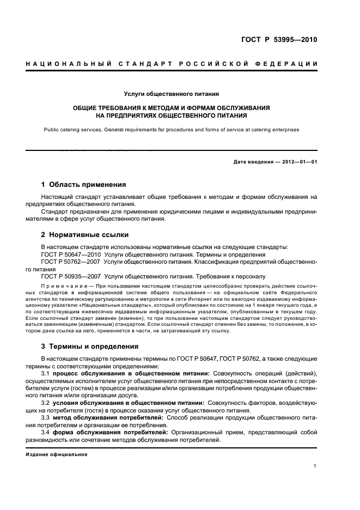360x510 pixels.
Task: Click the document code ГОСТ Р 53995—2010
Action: tap(279, 40)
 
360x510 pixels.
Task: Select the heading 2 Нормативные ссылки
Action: tap(85, 235)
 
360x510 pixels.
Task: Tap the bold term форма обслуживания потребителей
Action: tap(106, 432)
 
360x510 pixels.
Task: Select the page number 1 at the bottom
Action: tap(315, 466)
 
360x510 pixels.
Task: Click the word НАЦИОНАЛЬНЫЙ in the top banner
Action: tap(65, 64)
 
